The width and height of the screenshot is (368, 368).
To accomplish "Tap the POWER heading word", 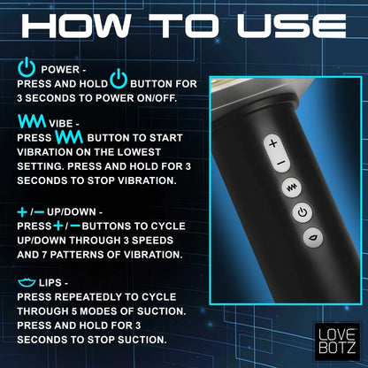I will coord(59,68).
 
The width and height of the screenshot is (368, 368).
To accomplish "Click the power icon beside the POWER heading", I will coord(26,67).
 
